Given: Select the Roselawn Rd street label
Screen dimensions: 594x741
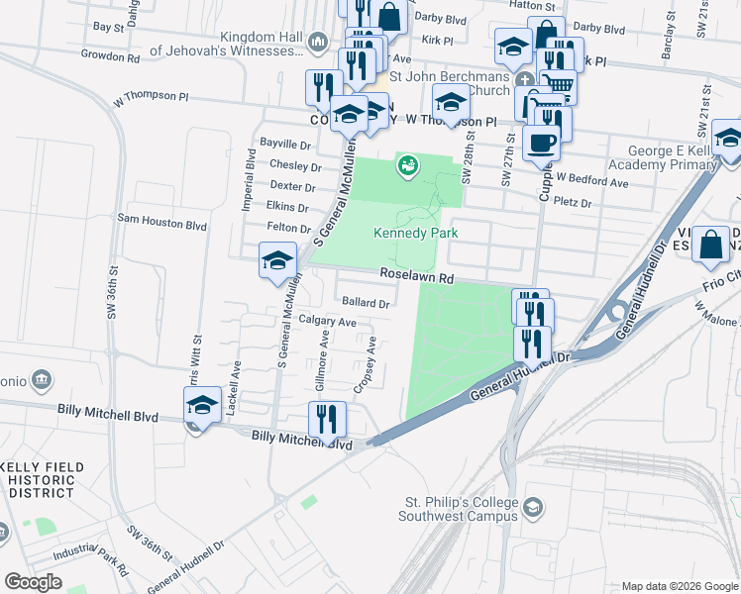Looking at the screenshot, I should click(413, 278).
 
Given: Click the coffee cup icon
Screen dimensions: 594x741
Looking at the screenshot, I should click(542, 142).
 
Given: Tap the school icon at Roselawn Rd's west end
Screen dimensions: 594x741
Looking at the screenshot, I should click(277, 261).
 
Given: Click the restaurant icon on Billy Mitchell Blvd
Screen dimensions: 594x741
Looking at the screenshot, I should click(326, 419).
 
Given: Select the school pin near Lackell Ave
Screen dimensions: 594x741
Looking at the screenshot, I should click(202, 405).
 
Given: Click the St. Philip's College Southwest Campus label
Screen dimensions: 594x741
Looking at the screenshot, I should click(459, 509).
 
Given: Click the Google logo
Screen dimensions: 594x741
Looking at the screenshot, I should click(34, 581).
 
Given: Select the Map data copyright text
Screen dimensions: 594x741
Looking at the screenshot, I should click(679, 586).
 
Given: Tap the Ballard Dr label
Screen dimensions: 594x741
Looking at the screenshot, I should click(367, 302).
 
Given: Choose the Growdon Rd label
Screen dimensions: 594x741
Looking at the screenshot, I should click(110, 57).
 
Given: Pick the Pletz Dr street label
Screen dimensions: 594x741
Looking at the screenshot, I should click(572, 203).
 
